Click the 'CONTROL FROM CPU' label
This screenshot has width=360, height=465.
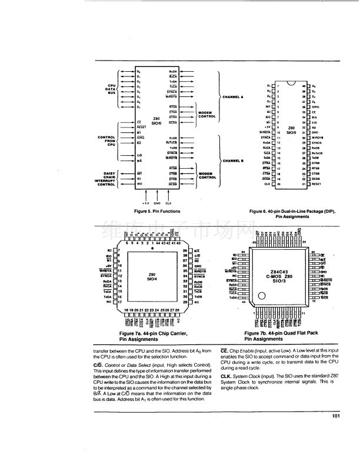click(106, 140)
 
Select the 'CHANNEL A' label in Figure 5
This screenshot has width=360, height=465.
click(233, 96)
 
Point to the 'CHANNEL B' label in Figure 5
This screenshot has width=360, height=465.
click(233, 160)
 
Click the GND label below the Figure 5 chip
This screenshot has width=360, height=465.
click(158, 202)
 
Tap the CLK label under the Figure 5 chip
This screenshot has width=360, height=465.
click(169, 202)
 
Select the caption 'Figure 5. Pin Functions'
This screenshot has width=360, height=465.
click(156, 211)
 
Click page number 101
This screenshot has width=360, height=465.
click(336, 417)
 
